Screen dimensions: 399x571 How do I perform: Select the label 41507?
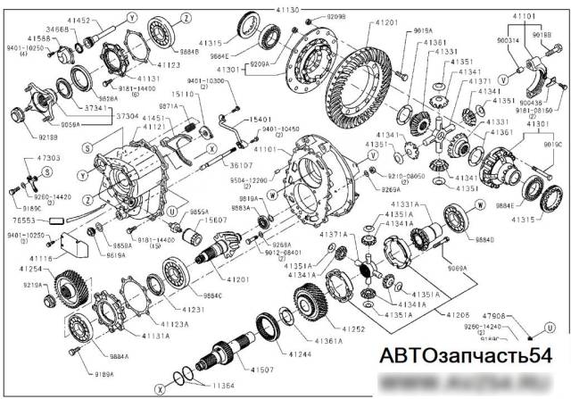(x=287, y=369)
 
